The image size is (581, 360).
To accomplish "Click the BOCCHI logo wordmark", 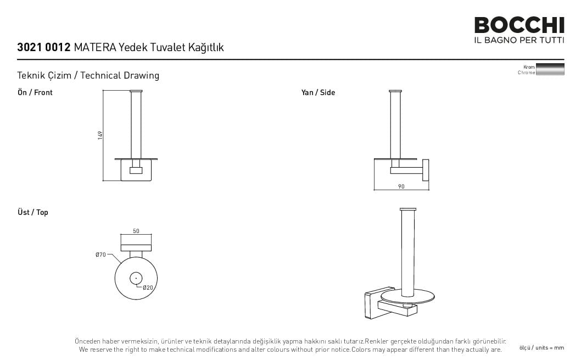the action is click(x=519, y=25).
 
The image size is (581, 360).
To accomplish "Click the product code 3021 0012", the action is click(x=44, y=47).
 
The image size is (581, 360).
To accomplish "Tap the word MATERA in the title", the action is click(x=95, y=47).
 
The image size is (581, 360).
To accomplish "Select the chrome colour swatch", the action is click(x=550, y=69).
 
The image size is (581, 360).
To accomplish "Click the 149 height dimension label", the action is click(x=100, y=135).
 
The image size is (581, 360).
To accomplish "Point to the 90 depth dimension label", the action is click(x=401, y=186).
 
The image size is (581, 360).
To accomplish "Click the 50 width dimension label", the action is click(x=136, y=231).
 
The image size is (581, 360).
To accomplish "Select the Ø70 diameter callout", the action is click(x=100, y=254).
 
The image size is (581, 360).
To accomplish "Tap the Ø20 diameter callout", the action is click(x=148, y=287).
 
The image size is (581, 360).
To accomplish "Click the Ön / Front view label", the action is click(x=35, y=92).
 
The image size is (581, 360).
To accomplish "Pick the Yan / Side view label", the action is click(x=318, y=92).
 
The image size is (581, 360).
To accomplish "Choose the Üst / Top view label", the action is click(x=32, y=212).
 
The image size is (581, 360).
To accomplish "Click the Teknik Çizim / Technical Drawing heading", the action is click(x=88, y=75).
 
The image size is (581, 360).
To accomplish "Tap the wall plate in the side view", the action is click(x=426, y=170).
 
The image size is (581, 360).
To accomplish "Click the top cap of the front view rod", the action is click(x=136, y=91).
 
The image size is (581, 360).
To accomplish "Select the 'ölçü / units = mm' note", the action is click(x=541, y=348).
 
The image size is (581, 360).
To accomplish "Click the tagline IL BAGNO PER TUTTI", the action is click(x=519, y=40).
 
